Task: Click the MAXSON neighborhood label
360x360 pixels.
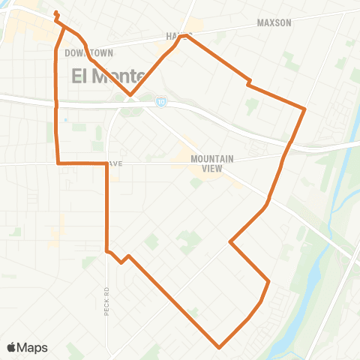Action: [x=274, y=23]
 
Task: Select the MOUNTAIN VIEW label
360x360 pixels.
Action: [x=214, y=163]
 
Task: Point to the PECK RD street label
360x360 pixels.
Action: [x=107, y=300]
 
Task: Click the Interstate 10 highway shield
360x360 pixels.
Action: [x=161, y=99]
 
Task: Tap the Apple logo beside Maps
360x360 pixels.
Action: [x=12, y=347]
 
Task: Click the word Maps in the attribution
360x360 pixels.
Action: [x=32, y=347]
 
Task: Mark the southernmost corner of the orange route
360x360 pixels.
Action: [x=219, y=347]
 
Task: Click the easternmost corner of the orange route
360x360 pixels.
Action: [x=304, y=109]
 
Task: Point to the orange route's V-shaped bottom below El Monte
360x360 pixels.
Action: [x=130, y=96]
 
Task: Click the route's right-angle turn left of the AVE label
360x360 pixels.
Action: [x=58, y=162]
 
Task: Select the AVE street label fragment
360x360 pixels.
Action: [x=114, y=162]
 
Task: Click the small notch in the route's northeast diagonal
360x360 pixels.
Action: [x=247, y=82]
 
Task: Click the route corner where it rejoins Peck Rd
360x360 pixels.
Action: [x=107, y=250]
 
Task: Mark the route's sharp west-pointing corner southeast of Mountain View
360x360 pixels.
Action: [x=229, y=242]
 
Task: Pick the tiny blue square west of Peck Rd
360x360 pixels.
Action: [x=65, y=120]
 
